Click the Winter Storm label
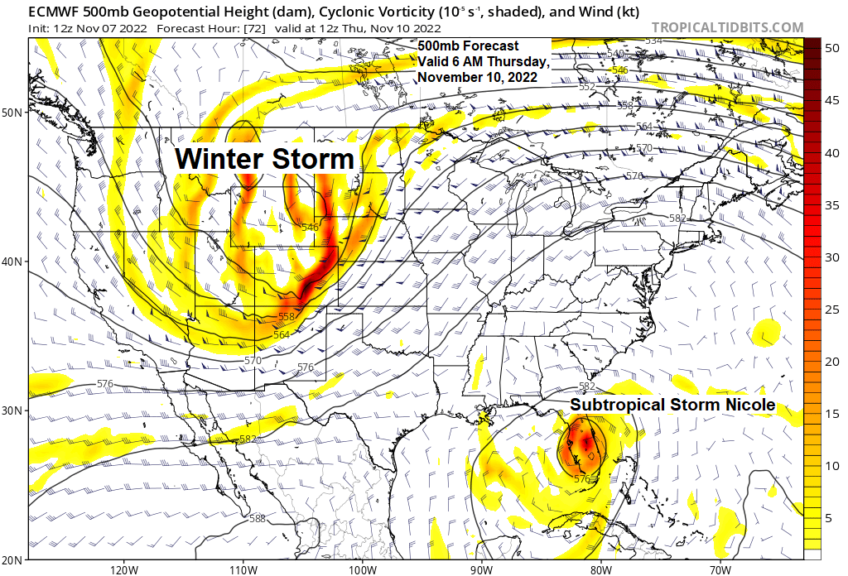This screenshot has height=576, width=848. pyautogui.click(x=265, y=159)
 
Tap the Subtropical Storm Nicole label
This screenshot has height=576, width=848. pyautogui.click(x=672, y=405)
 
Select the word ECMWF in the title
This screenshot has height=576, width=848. pyautogui.click(x=53, y=9)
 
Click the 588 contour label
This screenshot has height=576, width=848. pyautogui.click(x=258, y=519)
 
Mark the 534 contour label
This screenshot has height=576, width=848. pyautogui.click(x=654, y=41)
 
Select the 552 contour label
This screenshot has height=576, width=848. pyautogui.click(x=587, y=87)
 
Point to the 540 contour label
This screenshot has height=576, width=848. pyautogui.click(x=615, y=54)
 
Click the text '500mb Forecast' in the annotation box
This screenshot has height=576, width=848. pyautogui.click(x=468, y=46)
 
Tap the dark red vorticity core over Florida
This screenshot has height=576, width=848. pyautogui.click(x=587, y=444)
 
